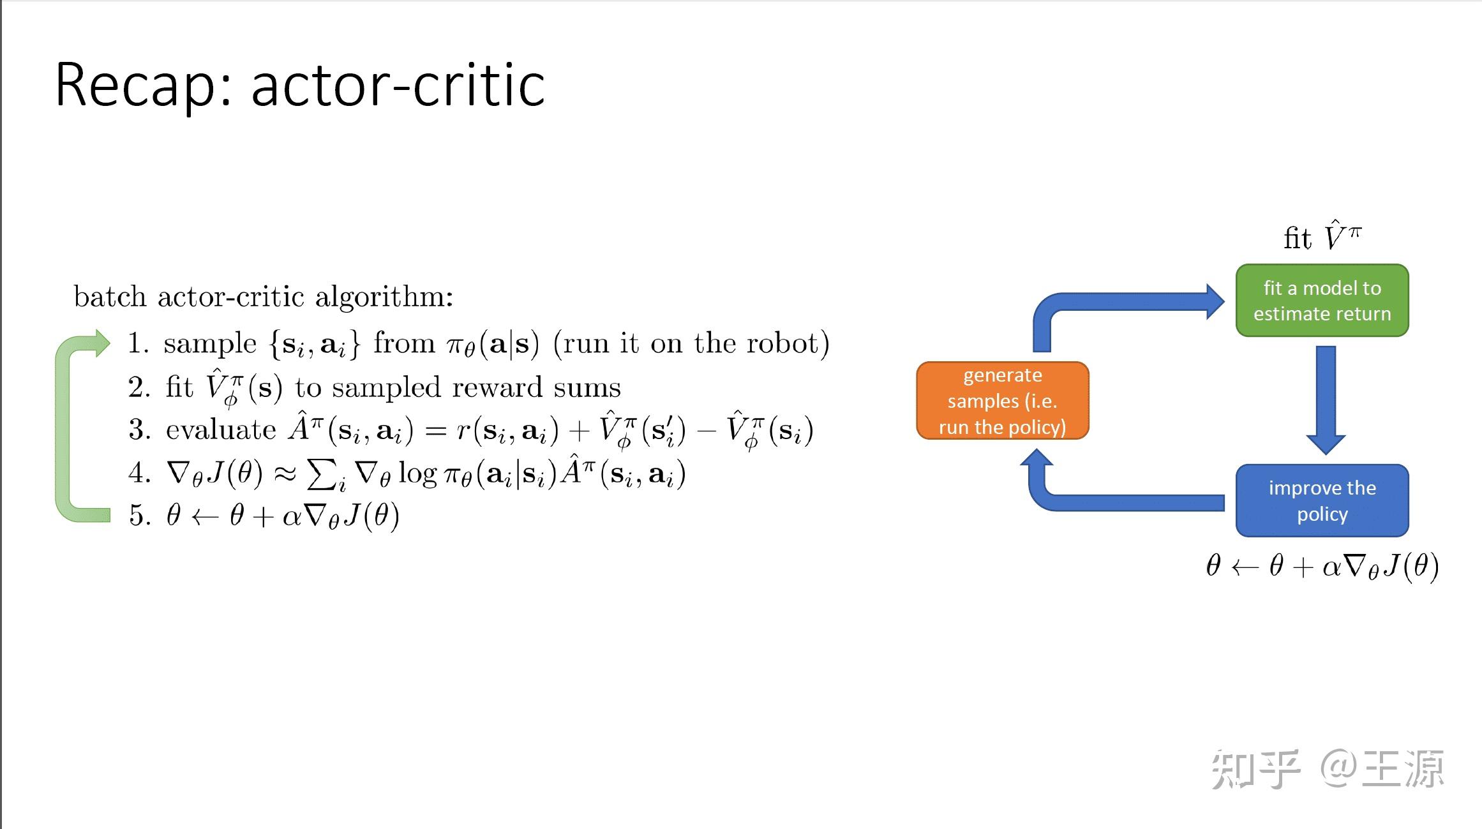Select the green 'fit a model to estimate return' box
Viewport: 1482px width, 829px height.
point(1322,301)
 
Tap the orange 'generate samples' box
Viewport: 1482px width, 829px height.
point(1002,401)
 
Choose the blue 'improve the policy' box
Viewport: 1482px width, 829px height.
point(1322,500)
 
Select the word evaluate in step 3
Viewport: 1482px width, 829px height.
point(221,430)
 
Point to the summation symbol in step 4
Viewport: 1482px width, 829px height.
point(322,474)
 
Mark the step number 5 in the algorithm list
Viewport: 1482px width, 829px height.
point(138,516)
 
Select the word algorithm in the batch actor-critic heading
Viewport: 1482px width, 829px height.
point(384,297)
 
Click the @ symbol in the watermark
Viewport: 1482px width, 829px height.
point(1338,768)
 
